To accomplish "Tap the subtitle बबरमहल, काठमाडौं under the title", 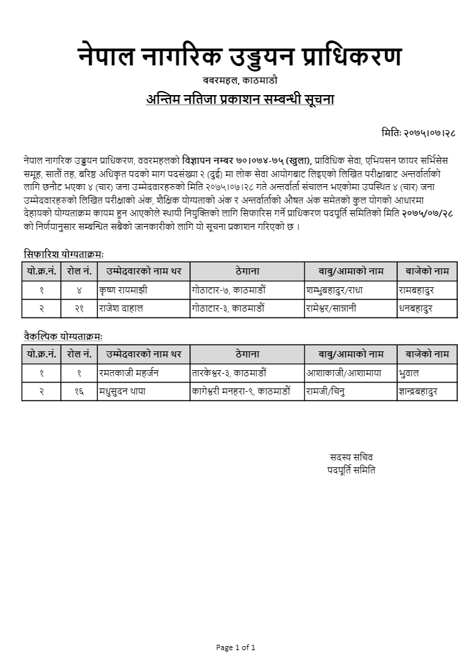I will [x=239, y=82].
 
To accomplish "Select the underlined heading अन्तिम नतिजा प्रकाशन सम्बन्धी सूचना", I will [x=240, y=99].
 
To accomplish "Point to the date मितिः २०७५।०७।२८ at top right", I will [x=418, y=133].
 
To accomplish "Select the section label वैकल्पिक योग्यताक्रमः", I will [x=63, y=335].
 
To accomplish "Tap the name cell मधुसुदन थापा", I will [x=122, y=391].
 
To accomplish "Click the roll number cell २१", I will [x=79, y=308].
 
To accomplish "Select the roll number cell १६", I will [x=79, y=391].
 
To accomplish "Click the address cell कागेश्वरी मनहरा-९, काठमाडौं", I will [x=241, y=391].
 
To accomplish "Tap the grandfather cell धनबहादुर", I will [x=415, y=308].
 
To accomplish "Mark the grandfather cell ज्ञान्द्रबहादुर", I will [x=418, y=391].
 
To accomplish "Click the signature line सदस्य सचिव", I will [x=351, y=457].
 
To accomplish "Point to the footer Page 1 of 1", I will [x=236, y=647].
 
